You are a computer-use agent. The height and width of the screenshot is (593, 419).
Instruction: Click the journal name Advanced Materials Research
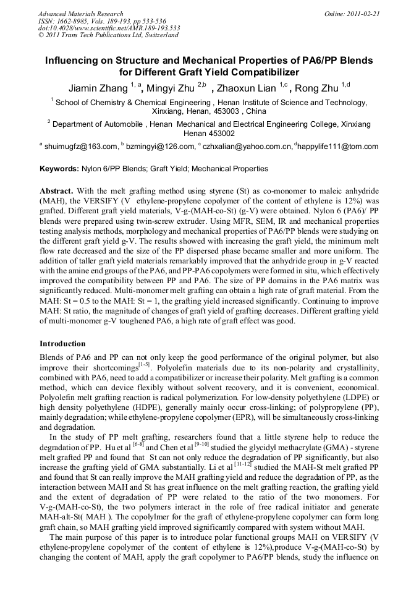pyautogui.click(x=80, y=14)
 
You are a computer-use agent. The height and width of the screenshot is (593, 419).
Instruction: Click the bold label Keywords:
pyautogui.click(x=59, y=168)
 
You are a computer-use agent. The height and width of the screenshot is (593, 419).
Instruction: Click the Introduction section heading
pyautogui.click(x=64, y=343)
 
